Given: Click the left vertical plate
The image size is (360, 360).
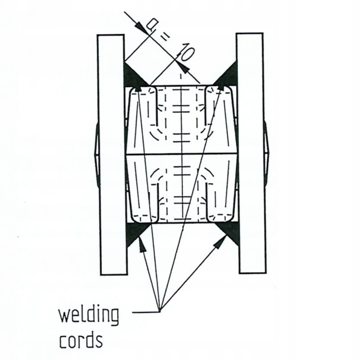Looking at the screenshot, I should click(111, 153).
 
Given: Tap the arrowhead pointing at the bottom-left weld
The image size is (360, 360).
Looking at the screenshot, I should click(142, 243).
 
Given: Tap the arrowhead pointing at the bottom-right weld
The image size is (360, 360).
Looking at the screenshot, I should click(220, 242).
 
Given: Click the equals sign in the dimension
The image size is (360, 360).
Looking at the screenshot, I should click(164, 39).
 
